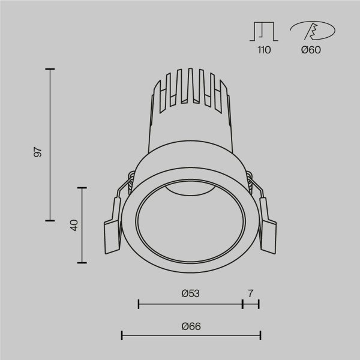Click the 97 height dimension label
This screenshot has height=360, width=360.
tap(38, 151)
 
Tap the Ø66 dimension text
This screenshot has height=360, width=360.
tap(190, 326)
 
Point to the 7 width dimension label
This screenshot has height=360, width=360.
tap(251, 293)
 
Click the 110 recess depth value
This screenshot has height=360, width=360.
tap(263, 50)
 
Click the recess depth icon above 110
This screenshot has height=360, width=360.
tap(263, 31)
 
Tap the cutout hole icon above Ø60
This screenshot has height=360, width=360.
tap(313, 31)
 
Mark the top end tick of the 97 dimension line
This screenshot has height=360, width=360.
tap(50, 70)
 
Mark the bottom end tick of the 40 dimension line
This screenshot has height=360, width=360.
tap(82, 263)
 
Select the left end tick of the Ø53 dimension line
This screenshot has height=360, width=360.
tap(139, 304)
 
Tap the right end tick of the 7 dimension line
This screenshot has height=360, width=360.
tap(259, 304)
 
